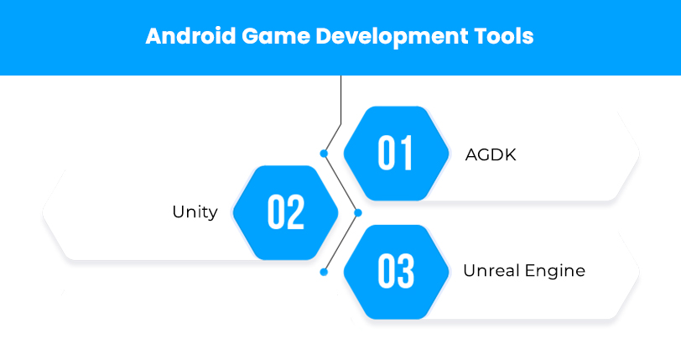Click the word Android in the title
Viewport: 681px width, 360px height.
point(190,35)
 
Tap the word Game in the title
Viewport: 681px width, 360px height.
point(276,35)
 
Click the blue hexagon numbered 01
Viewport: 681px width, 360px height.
point(396,154)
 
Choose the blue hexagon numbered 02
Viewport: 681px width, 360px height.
point(285,212)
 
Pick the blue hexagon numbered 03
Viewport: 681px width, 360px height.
point(396,272)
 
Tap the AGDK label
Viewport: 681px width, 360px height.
point(491,154)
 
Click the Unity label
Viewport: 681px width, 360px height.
point(195,212)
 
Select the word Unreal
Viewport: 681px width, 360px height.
point(491,270)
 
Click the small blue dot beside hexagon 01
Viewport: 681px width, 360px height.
point(324,154)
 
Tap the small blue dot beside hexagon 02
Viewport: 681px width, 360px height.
point(358,212)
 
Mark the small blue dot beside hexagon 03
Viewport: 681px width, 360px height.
point(324,272)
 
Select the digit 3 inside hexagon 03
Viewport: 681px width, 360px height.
point(406,271)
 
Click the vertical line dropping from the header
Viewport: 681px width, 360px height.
point(341,100)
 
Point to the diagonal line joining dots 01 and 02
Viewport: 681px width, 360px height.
point(341,183)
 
